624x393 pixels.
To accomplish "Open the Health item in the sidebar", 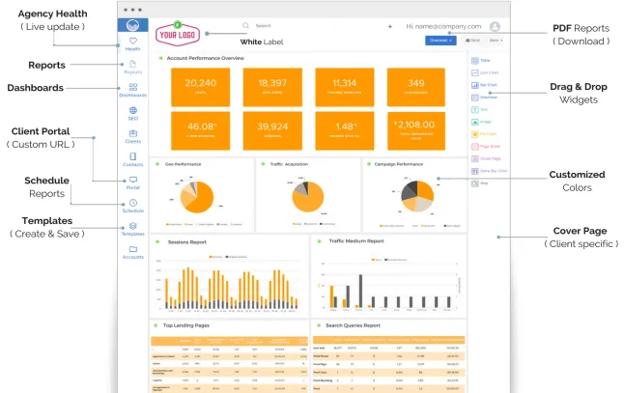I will [132, 43].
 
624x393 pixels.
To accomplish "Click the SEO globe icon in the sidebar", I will [132, 112].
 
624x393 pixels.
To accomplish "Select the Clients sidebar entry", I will [132, 136].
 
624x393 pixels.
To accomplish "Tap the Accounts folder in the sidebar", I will [132, 252].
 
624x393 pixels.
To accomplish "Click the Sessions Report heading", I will [186, 241].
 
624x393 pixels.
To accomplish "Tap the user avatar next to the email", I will [495, 26].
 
